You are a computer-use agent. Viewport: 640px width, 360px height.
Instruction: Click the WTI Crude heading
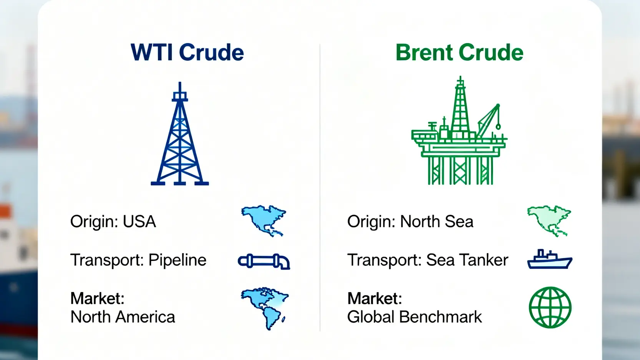(187, 52)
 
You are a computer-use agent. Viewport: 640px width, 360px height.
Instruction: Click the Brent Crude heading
(459, 52)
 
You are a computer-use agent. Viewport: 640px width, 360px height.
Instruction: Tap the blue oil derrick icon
(180, 134)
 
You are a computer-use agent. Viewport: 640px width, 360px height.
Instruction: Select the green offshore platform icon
(459, 130)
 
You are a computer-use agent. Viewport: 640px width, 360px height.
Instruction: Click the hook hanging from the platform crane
(498, 126)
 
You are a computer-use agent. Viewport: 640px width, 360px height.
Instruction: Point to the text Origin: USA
(113, 221)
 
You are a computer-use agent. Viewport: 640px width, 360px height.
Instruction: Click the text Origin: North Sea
(410, 221)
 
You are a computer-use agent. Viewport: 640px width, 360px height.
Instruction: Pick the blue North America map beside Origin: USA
(263, 220)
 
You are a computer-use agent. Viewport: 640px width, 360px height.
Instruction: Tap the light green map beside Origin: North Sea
(549, 221)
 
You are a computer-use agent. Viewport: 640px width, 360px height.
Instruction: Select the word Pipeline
(177, 260)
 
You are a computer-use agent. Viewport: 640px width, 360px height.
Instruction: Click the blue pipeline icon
(264, 261)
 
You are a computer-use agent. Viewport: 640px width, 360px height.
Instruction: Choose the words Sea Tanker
(467, 260)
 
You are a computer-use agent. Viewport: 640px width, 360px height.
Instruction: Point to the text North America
(123, 317)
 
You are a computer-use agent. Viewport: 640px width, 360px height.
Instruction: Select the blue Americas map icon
(265, 308)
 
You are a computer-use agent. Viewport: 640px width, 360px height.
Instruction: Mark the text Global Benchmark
(415, 317)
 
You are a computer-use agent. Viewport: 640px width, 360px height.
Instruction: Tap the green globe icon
(550, 307)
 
